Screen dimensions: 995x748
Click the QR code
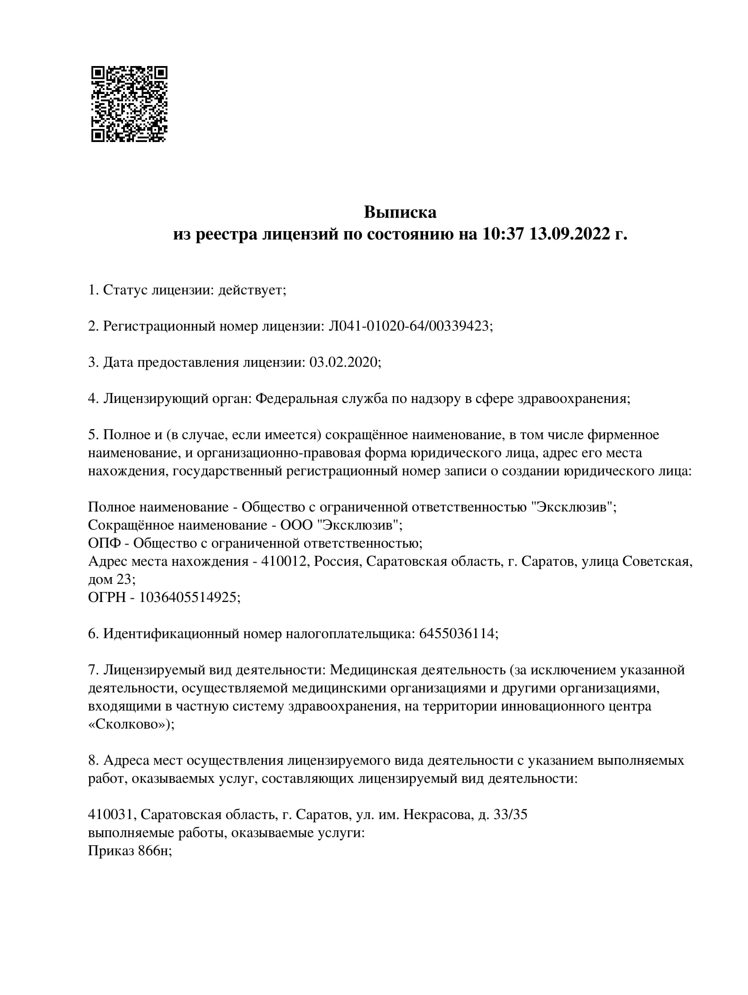pyautogui.click(x=129, y=104)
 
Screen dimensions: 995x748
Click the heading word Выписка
pyautogui.click(x=400, y=212)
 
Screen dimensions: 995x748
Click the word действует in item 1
pyautogui.click(x=251, y=290)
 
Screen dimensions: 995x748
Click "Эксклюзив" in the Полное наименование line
pyautogui.click(x=572, y=507)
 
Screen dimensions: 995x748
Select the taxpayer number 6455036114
pyautogui.click(x=457, y=634)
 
